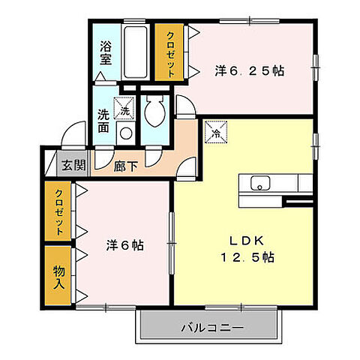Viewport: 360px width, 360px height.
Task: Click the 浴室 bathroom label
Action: click(x=106, y=54)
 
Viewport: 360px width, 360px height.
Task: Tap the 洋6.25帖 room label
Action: click(x=249, y=70)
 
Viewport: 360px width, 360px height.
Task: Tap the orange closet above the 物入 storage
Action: click(x=58, y=211)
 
